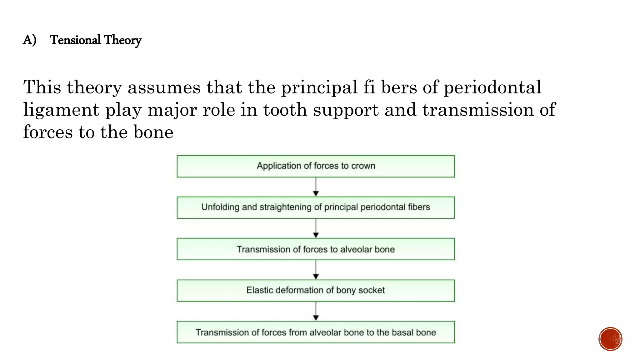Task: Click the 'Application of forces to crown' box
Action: click(x=316, y=166)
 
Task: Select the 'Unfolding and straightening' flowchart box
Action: click(x=316, y=207)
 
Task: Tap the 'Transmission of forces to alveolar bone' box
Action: click(x=316, y=249)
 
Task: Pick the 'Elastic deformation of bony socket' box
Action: click(x=316, y=290)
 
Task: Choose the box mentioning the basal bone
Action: click(x=316, y=332)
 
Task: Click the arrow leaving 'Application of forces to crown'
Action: click(x=316, y=187)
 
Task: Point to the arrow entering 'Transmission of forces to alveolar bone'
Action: click(x=316, y=228)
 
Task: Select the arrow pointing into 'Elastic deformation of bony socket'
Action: click(x=316, y=270)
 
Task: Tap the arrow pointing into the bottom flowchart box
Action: click(x=316, y=311)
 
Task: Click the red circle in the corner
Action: click(x=610, y=339)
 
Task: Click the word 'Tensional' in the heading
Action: click(x=75, y=40)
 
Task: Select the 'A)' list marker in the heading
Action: click(x=30, y=40)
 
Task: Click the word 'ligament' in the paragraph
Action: click(x=61, y=110)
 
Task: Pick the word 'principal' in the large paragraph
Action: click(x=319, y=87)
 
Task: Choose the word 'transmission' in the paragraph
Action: click(x=478, y=110)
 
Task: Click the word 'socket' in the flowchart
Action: click(x=372, y=290)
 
